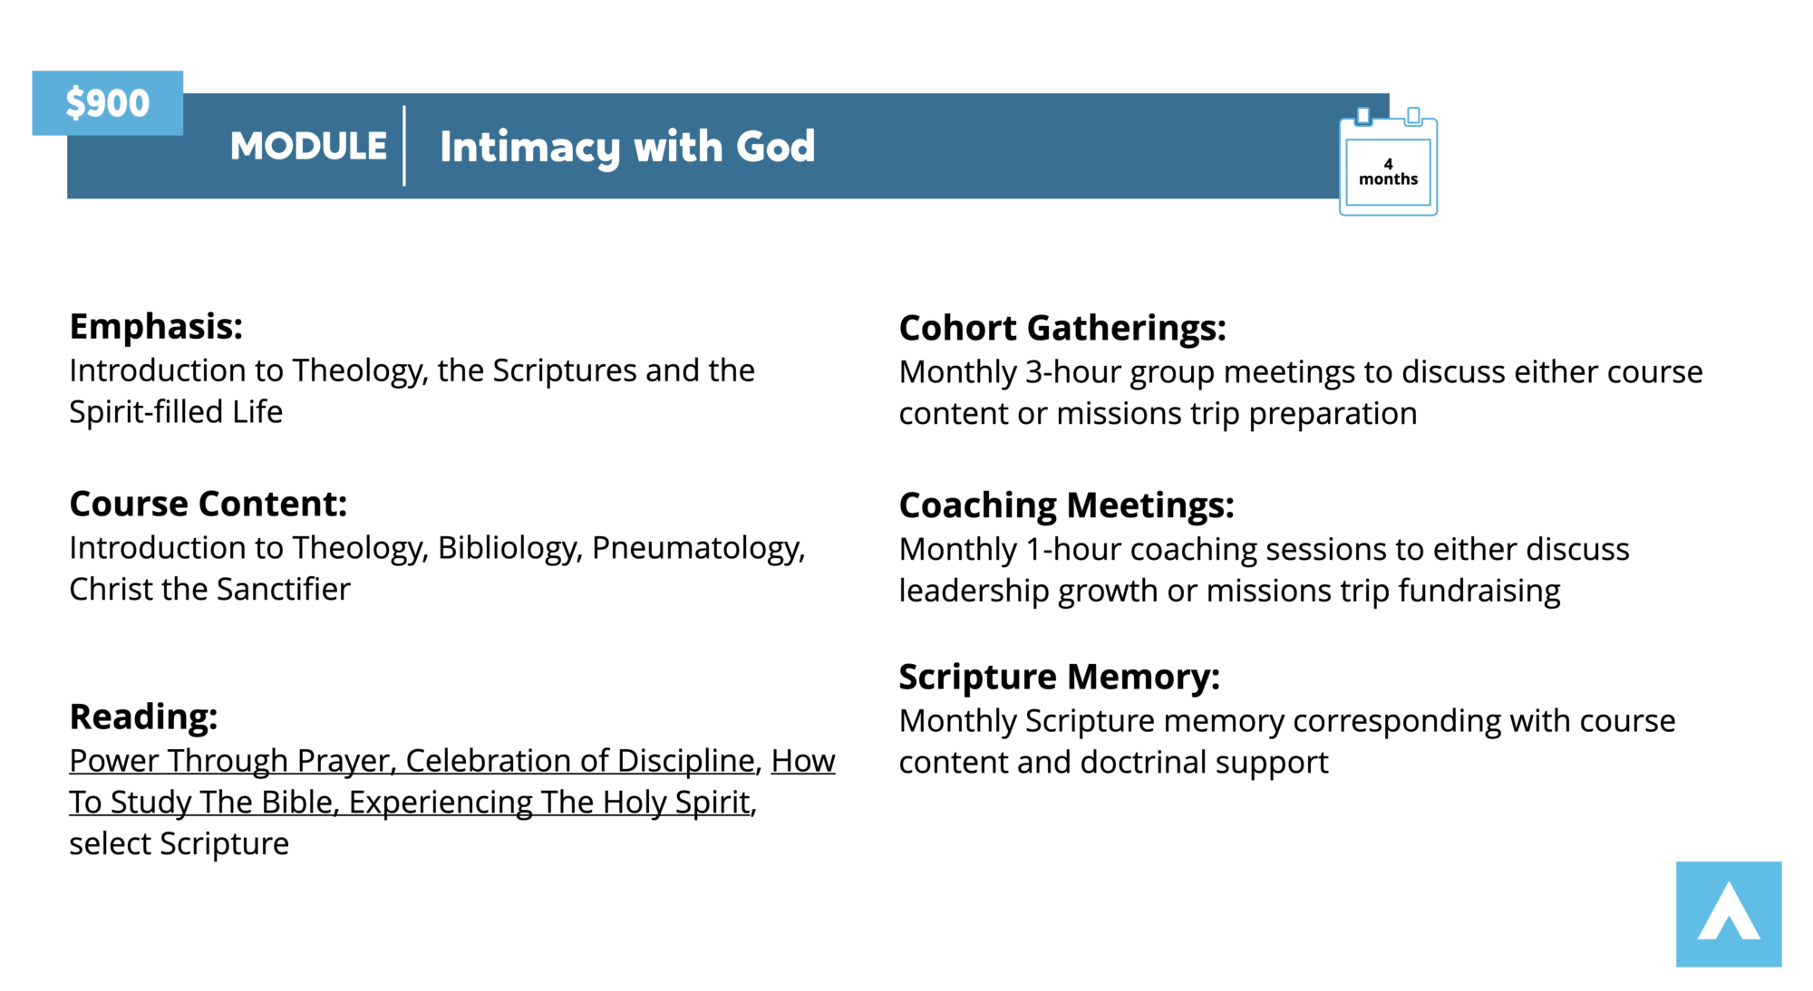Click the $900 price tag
pyautogui.click(x=107, y=103)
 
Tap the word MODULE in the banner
pyautogui.click(x=308, y=146)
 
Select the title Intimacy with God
pyautogui.click(x=627, y=147)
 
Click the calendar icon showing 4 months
pyautogui.click(x=1388, y=161)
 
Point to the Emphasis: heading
pyautogui.click(x=156, y=326)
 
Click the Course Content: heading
pyautogui.click(x=208, y=504)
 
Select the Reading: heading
pyautogui.click(x=143, y=717)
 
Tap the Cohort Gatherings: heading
pyautogui.click(x=1062, y=328)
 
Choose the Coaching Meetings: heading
pyautogui.click(x=1066, y=505)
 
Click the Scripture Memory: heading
pyautogui.click(x=1059, y=677)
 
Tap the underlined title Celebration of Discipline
pyautogui.click(x=581, y=762)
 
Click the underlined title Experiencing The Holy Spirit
pyautogui.click(x=550, y=803)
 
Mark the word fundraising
pyautogui.click(x=1479, y=592)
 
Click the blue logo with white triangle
pyautogui.click(x=1729, y=914)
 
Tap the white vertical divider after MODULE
pyautogui.click(x=404, y=146)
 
